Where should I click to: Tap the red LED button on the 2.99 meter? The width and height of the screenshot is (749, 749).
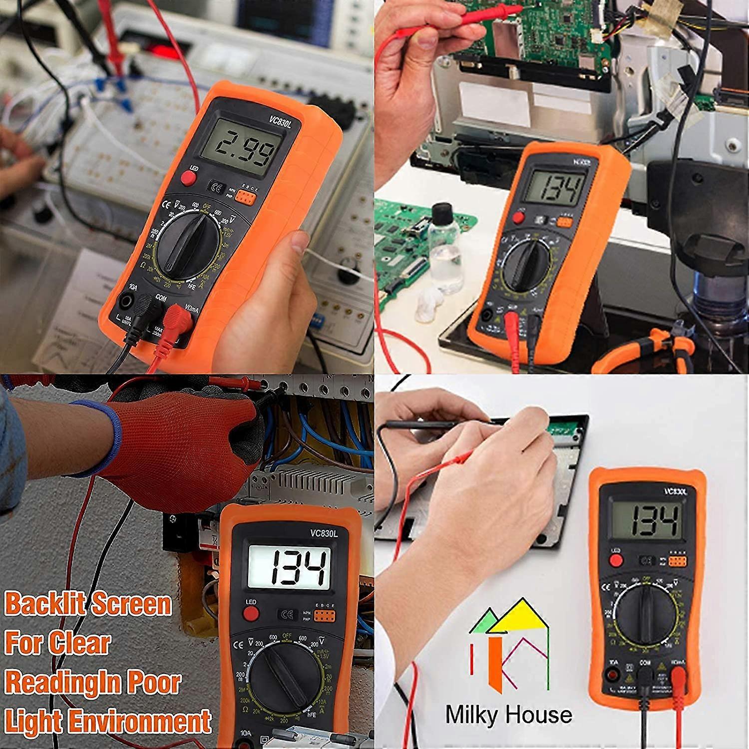coord(188,178)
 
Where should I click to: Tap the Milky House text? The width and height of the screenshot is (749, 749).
coord(508,715)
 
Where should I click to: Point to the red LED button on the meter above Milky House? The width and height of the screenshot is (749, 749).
coord(616,560)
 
